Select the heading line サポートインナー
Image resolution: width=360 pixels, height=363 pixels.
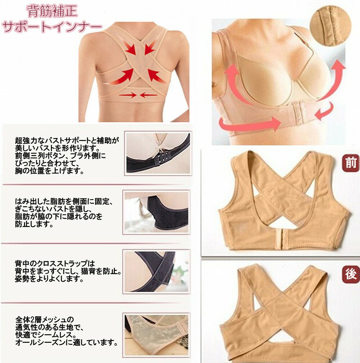point(51,27)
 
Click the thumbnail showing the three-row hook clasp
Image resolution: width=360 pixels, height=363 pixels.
point(157,153)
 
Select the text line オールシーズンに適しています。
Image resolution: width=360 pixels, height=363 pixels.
point(67,342)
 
